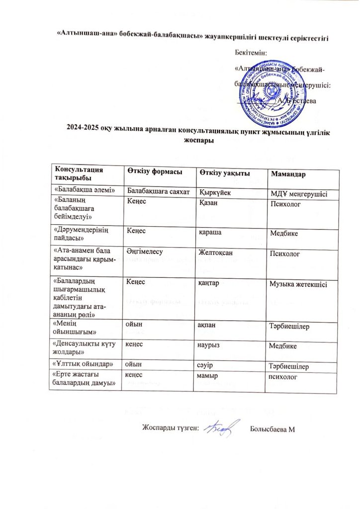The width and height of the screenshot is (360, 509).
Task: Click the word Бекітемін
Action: click(x=251, y=52)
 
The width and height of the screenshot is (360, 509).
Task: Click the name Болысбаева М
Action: click(x=273, y=429)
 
